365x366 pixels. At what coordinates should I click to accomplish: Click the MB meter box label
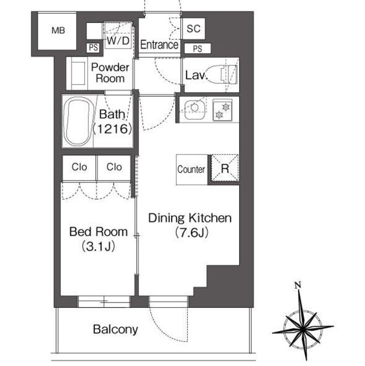[58, 30]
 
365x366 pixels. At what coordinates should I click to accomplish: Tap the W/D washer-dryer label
[118, 41]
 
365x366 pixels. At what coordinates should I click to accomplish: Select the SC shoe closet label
[193, 29]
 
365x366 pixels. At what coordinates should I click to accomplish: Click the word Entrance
[159, 45]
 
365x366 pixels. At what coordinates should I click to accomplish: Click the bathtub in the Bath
[78, 121]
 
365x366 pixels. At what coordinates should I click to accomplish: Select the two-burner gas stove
[223, 110]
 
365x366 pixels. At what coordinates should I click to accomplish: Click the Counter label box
[192, 169]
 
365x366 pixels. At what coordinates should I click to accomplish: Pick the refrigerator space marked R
[225, 168]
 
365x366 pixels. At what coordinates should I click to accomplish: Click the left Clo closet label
[80, 167]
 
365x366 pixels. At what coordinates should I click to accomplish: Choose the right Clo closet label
[114, 167]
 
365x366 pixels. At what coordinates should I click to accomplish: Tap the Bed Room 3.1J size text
[98, 246]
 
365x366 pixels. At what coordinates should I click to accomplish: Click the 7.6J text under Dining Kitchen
[192, 233]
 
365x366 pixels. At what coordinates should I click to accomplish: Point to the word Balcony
[116, 329]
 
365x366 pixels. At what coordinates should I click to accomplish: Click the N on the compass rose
[297, 285]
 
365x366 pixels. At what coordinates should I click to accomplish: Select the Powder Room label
[110, 73]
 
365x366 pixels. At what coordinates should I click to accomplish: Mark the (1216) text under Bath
[112, 129]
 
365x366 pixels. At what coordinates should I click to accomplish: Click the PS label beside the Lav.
[197, 49]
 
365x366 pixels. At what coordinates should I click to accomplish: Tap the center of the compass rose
[303, 329]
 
